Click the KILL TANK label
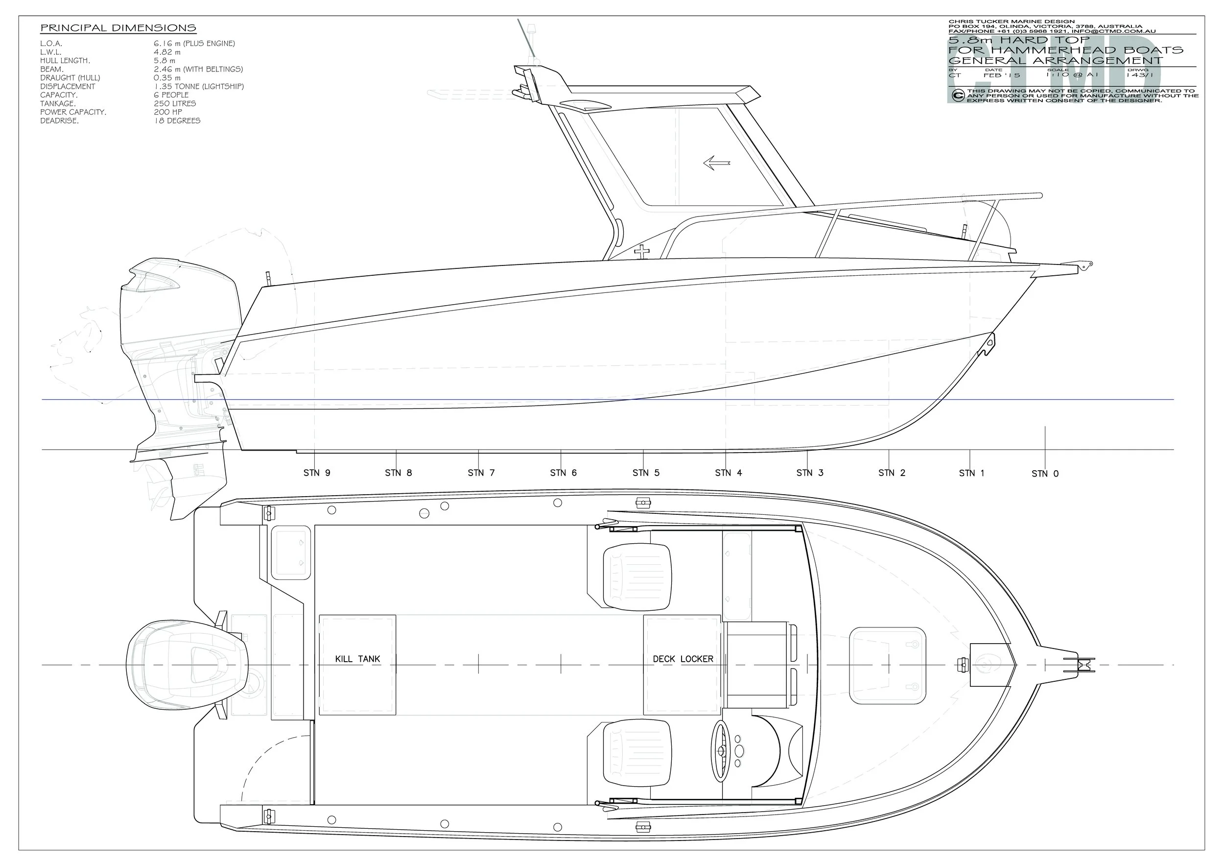click(357, 659)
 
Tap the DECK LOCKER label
click(683, 659)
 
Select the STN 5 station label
click(646, 473)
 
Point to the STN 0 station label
click(1045, 474)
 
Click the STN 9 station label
click(317, 473)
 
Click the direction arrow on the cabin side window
click(716, 163)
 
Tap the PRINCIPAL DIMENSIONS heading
click(118, 28)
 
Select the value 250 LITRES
click(175, 103)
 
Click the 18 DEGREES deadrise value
click(177, 121)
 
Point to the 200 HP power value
click(167, 112)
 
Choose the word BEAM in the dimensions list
click(52, 70)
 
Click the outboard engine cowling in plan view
click(187, 666)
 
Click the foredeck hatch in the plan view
click(888, 666)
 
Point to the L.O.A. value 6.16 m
click(194, 44)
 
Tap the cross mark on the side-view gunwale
click(643, 251)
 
